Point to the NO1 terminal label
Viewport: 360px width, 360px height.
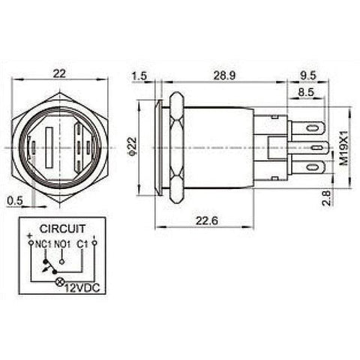coord(64,243)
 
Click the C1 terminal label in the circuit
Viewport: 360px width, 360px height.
coord(83,243)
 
